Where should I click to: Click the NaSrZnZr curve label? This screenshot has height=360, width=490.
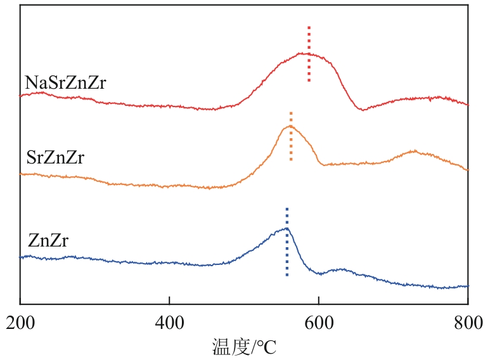65,83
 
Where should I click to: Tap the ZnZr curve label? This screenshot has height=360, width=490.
48,241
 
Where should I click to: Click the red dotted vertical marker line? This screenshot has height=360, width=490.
309,54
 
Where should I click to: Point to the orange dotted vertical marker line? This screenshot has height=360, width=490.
291,136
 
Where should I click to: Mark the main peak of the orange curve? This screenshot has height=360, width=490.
290,126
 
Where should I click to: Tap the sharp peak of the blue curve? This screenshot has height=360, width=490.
287,228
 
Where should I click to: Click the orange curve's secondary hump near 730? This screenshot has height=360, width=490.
413,151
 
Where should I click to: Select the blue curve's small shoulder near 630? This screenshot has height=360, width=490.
340,269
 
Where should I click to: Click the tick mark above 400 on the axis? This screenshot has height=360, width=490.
169,302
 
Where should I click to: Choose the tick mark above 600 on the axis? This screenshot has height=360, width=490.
318,302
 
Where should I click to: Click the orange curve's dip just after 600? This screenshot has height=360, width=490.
325,165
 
